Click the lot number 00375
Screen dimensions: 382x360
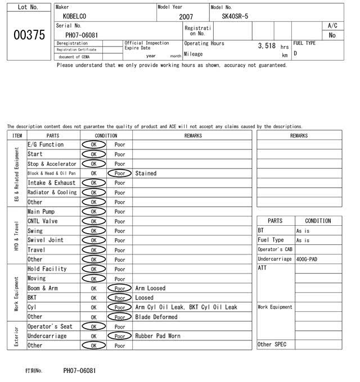28,35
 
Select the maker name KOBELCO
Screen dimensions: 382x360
75,17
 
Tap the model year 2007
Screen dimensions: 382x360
185,17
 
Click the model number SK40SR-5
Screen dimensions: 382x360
231,17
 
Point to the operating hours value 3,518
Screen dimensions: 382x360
266,46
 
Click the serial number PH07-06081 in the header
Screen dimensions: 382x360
82,35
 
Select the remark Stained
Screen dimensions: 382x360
146,174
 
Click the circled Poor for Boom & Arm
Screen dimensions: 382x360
119,288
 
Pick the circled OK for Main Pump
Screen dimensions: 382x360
93,212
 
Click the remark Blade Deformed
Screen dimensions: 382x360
156,317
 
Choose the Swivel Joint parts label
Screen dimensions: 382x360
46,240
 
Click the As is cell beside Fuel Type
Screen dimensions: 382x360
303,240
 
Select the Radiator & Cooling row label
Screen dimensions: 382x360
52,192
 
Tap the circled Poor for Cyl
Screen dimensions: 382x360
119,307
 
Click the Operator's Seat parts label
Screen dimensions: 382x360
50,326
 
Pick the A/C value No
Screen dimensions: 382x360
332,35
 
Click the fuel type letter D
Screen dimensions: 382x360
295,54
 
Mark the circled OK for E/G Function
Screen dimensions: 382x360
93,145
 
